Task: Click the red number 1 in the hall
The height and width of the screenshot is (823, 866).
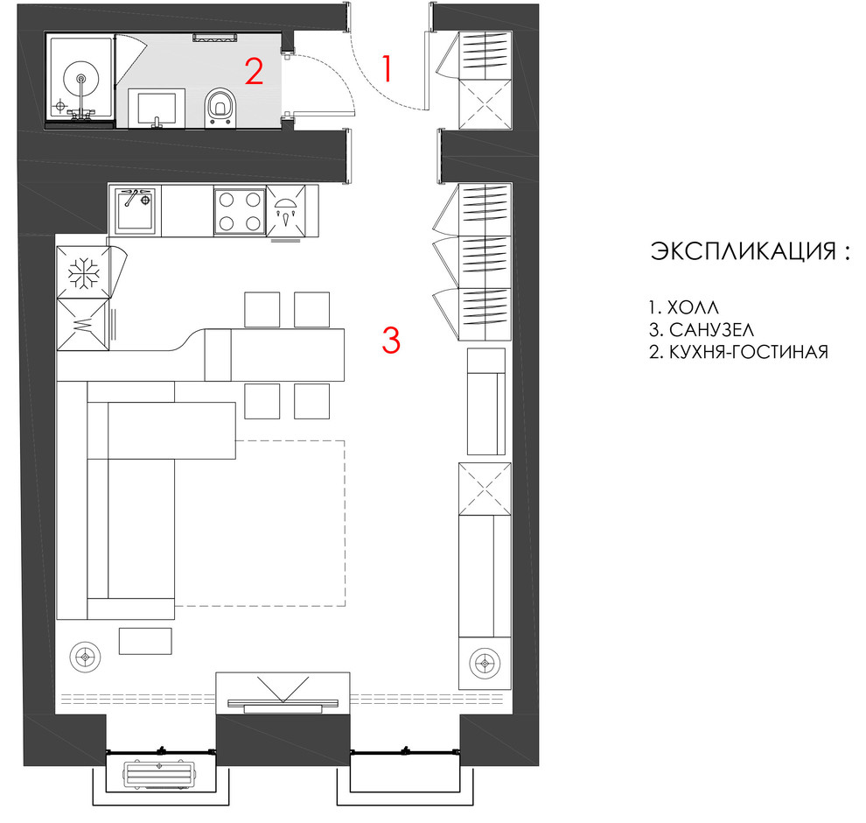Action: pos(388,68)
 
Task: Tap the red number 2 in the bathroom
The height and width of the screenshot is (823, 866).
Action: pos(254,71)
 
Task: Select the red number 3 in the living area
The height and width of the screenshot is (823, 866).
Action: pos(391,340)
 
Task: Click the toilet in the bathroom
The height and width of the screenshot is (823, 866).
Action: pos(220,107)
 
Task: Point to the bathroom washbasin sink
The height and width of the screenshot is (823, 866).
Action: pos(157,109)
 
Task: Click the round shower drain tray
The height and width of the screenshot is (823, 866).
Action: pos(81,76)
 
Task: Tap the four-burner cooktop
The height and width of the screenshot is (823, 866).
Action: pos(240,211)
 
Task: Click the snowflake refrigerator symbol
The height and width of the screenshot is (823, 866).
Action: pos(83,272)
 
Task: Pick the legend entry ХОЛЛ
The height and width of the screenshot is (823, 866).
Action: pos(693,306)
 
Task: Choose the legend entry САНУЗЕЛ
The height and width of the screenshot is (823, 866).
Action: pos(711,329)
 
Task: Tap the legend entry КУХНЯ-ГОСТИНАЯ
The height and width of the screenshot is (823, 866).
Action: pos(749,352)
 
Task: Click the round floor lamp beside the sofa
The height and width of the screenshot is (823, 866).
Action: pos(85,658)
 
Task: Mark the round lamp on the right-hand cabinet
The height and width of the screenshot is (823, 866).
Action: pos(485,663)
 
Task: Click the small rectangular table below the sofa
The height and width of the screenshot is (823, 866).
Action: pos(145,641)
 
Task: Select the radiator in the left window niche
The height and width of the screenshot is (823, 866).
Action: pos(159,774)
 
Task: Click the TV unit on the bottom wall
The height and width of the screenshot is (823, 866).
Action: pos(283,693)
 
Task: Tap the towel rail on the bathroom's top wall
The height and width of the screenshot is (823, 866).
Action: pos(215,37)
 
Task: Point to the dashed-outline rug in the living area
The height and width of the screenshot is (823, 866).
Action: pos(345,523)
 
